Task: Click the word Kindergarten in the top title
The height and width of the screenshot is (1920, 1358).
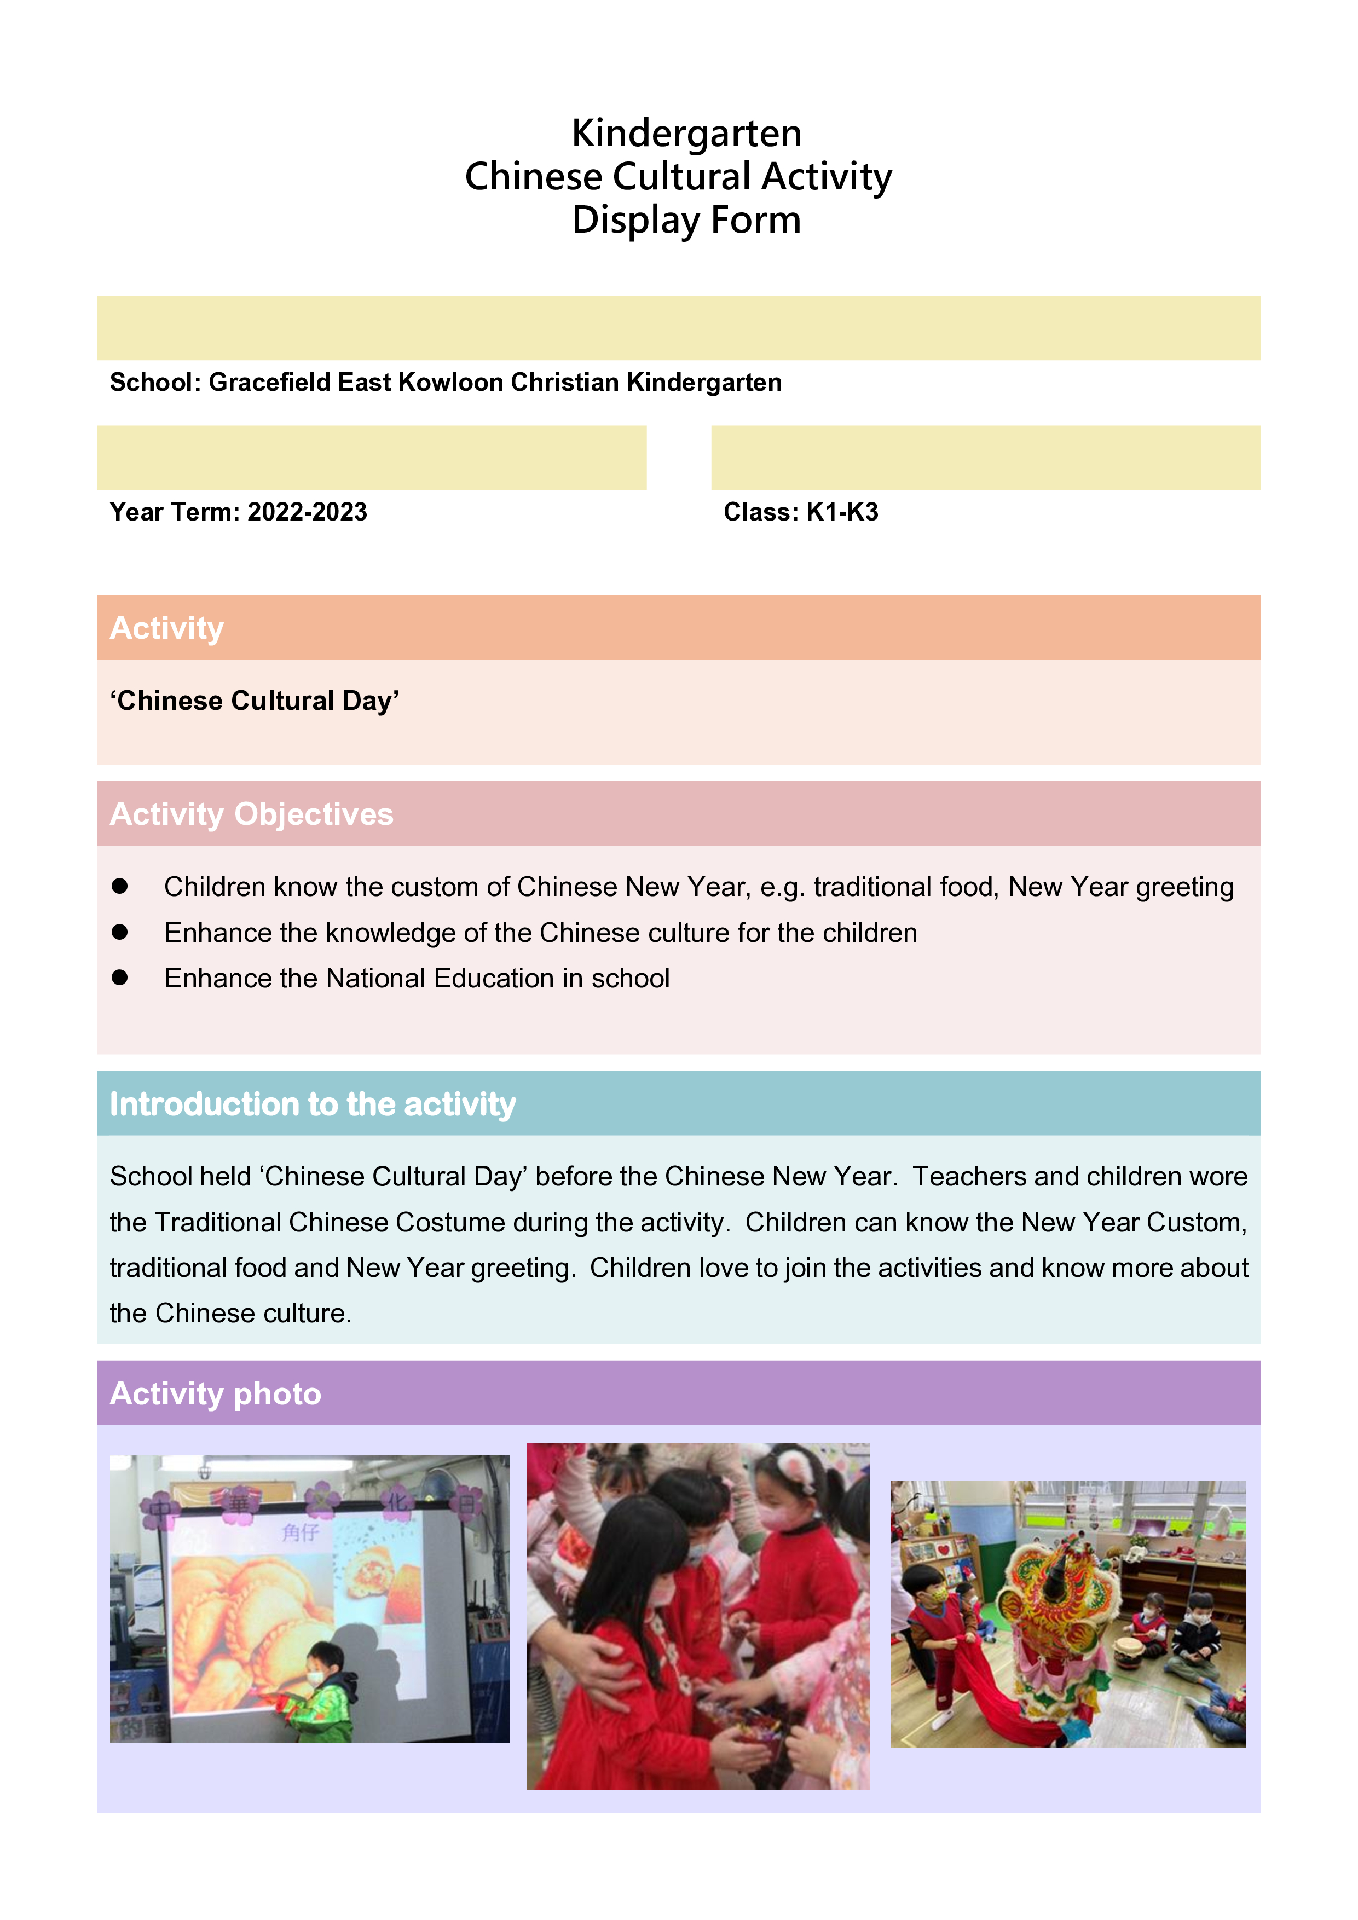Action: pos(686,134)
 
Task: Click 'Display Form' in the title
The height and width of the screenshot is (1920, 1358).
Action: pos(686,221)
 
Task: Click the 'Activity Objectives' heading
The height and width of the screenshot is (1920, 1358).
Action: pos(251,814)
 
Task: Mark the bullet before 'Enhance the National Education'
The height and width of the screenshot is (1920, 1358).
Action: pos(119,978)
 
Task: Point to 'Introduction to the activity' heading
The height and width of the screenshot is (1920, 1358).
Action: pos(312,1104)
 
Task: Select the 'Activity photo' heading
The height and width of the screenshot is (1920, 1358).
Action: pos(215,1394)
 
